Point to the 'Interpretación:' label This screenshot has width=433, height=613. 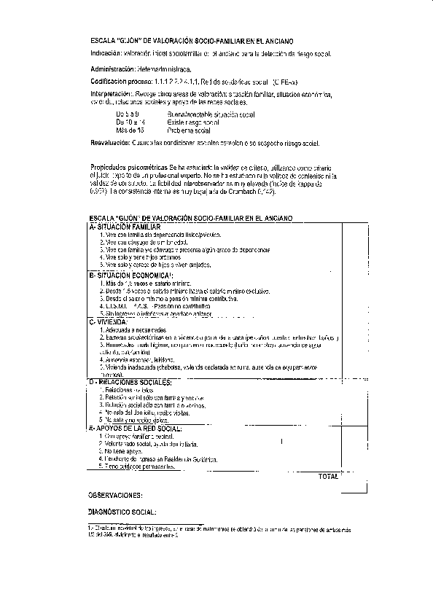(111, 94)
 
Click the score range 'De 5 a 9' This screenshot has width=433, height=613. (127, 115)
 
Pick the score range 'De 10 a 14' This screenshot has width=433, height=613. (130, 122)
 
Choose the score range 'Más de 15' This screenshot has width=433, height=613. (129, 130)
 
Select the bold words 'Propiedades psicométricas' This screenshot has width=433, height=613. (128, 167)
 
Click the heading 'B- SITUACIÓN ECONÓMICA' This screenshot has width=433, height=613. (125, 275)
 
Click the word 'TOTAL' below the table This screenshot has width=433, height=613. (329, 477)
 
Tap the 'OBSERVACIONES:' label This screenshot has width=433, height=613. (115, 494)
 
